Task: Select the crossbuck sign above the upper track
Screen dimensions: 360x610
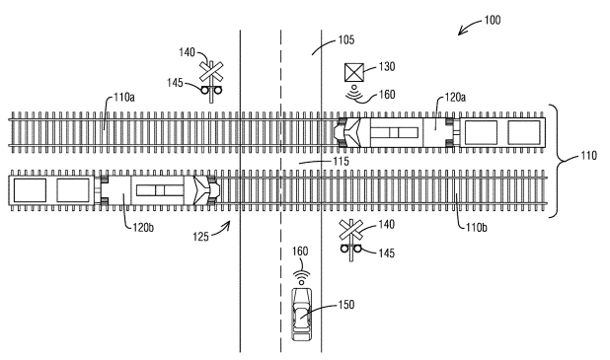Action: pos(210,72)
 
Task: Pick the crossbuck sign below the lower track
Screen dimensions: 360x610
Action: pos(348,233)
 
